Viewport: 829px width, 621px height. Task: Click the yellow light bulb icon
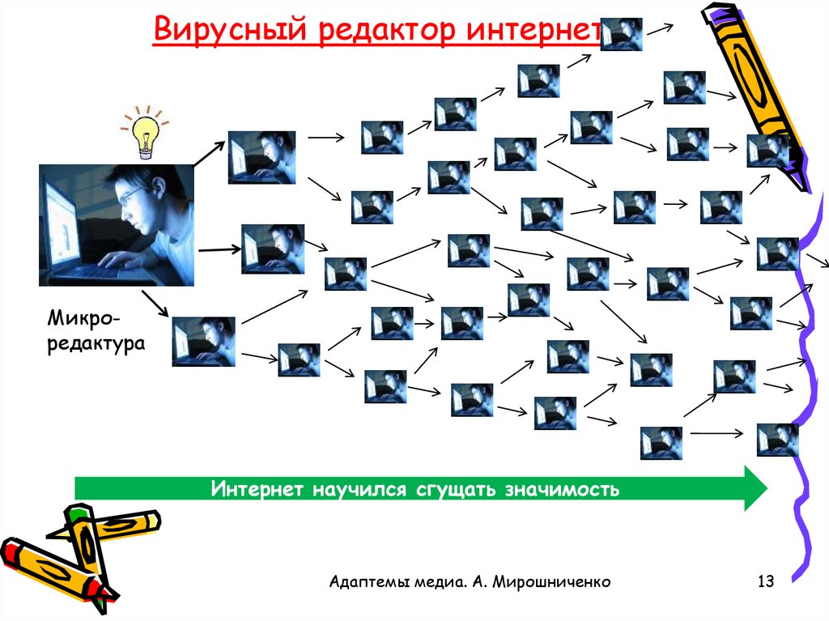(145, 133)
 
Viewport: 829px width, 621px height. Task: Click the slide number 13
(765, 581)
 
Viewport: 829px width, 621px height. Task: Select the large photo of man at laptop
(117, 225)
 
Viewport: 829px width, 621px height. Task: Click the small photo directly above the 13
(777, 440)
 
